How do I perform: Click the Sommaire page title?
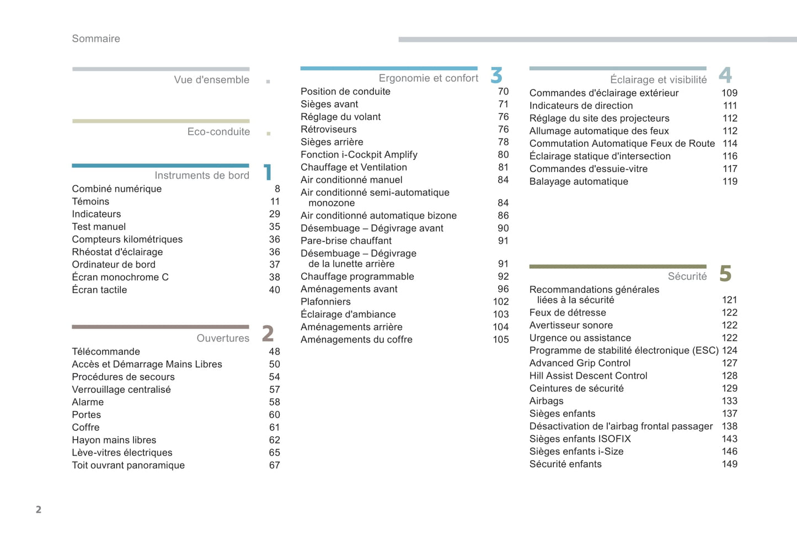(96, 39)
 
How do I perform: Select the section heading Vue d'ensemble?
(211, 80)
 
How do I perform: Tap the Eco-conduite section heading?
(218, 132)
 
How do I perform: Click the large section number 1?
(268, 172)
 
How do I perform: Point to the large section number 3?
(496, 75)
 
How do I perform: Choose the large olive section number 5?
(725, 274)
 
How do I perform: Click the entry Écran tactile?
(99, 290)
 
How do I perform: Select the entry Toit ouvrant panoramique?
(128, 466)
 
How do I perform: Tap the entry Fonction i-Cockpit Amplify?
(359, 155)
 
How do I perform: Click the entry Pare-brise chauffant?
(346, 241)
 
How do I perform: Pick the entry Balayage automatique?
(579, 182)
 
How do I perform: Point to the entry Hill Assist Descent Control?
(588, 376)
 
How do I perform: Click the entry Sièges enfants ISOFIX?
(580, 439)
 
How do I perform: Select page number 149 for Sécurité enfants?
(729, 465)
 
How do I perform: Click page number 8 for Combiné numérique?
(277, 189)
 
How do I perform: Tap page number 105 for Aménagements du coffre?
(500, 340)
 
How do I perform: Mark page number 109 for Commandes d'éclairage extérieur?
(729, 93)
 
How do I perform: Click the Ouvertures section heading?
(223, 338)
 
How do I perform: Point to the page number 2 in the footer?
(39, 510)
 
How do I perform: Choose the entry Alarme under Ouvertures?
(88, 402)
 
